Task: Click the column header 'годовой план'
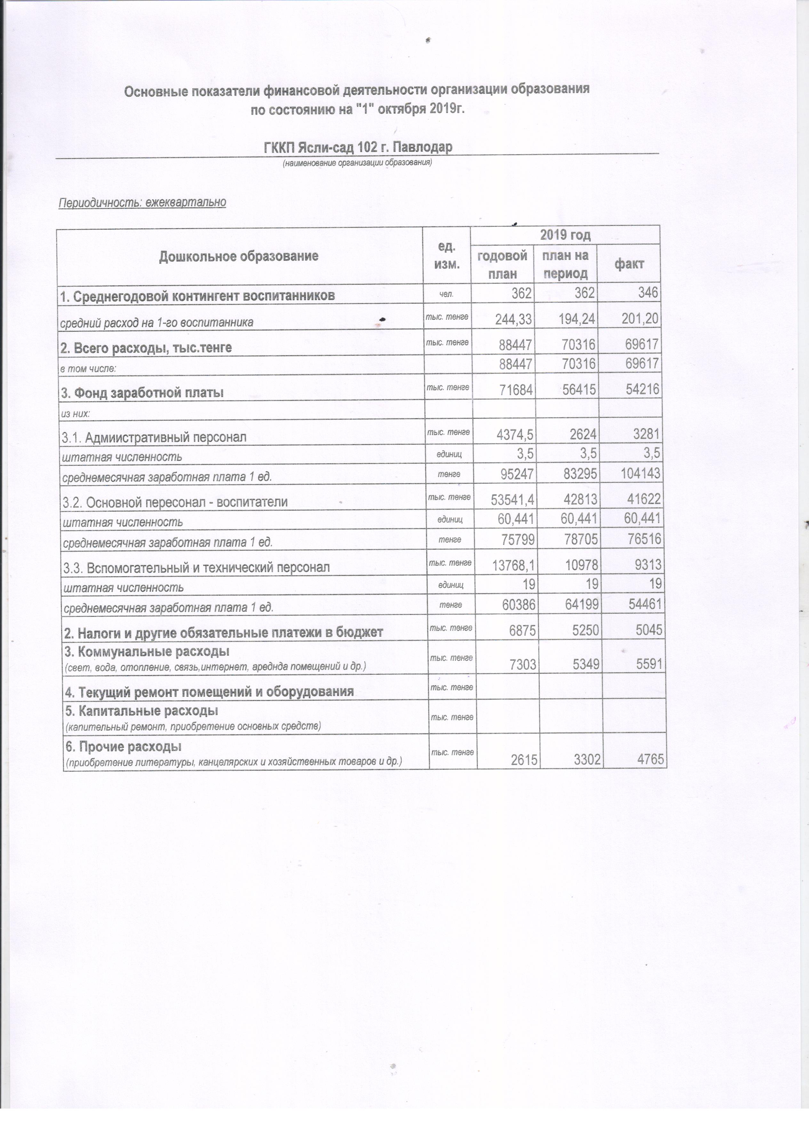502,265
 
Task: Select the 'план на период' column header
565,265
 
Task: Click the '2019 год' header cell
565,235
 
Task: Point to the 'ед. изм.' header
446,255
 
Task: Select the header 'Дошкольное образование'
238,256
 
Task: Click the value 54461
642,605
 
